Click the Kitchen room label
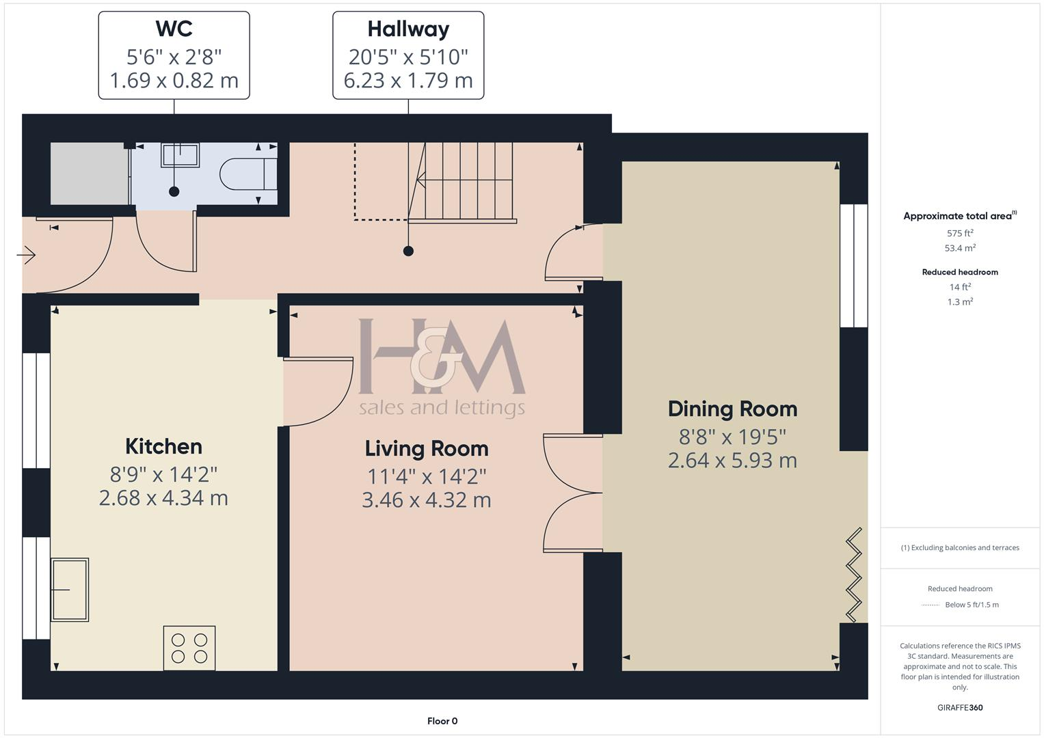coord(163,446)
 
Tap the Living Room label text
coord(427,449)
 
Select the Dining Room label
coord(732,409)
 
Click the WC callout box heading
coord(174,29)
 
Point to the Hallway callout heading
coord(408,29)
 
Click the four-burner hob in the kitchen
coord(189,648)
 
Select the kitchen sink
coord(70,589)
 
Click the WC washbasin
coord(180,155)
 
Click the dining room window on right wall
coord(853,265)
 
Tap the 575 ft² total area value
coord(960,233)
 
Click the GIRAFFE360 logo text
coord(960,707)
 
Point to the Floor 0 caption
coord(442,721)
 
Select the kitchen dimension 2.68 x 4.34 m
coord(163,498)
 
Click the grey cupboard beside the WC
coord(89,174)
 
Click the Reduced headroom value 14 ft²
coord(960,287)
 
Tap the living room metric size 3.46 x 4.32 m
coord(427,500)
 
